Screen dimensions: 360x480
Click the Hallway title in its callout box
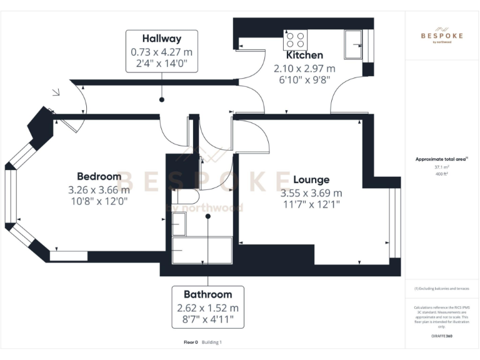pyautogui.click(x=161, y=39)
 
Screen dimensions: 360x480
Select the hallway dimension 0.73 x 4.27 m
pyautogui.click(x=161, y=52)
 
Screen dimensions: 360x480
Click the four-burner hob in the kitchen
pyautogui.click(x=295, y=40)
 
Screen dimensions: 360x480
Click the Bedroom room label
pyautogui.click(x=99, y=176)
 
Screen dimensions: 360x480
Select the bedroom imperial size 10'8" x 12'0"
pyautogui.click(x=99, y=201)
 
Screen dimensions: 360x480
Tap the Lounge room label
pyautogui.click(x=311, y=180)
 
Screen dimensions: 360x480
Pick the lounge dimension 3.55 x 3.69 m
pyautogui.click(x=311, y=193)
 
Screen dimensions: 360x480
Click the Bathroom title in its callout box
pyautogui.click(x=207, y=294)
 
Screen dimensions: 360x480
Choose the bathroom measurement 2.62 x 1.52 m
pyautogui.click(x=207, y=307)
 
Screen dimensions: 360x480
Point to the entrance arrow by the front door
pyautogui.click(x=56, y=94)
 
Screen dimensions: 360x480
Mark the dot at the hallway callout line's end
pyautogui.click(x=162, y=99)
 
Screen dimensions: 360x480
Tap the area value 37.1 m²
pyautogui.click(x=441, y=167)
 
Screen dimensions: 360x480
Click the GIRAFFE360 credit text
pyautogui.click(x=441, y=336)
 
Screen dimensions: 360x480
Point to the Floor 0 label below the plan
pyautogui.click(x=191, y=342)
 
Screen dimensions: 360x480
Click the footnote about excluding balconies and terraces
pyautogui.click(x=441, y=289)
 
